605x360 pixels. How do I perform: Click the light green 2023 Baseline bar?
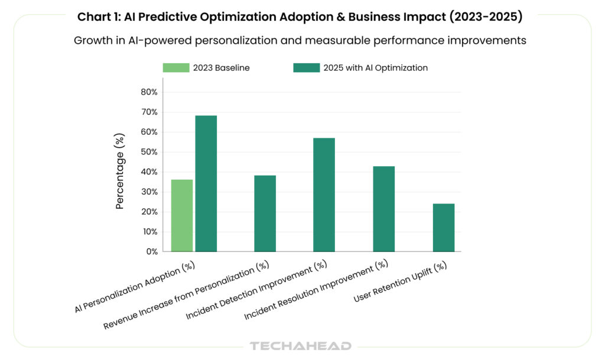coord(181,215)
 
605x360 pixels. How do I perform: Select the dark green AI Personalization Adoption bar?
coord(206,183)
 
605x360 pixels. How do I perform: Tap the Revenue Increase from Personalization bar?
coord(265,213)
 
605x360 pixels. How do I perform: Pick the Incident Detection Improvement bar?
coord(324,194)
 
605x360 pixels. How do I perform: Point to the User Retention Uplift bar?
coord(444,228)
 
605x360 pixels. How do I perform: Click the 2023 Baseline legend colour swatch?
coord(176,68)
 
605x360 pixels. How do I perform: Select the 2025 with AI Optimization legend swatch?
coord(306,68)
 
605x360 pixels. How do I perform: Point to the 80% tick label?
coord(149,92)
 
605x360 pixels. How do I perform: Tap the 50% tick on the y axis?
coord(149,152)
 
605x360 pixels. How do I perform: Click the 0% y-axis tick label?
coord(151,251)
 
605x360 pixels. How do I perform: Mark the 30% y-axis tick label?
coord(149,192)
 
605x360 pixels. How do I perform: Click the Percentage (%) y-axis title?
coord(121,172)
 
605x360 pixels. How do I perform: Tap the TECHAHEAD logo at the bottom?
coord(300,346)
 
